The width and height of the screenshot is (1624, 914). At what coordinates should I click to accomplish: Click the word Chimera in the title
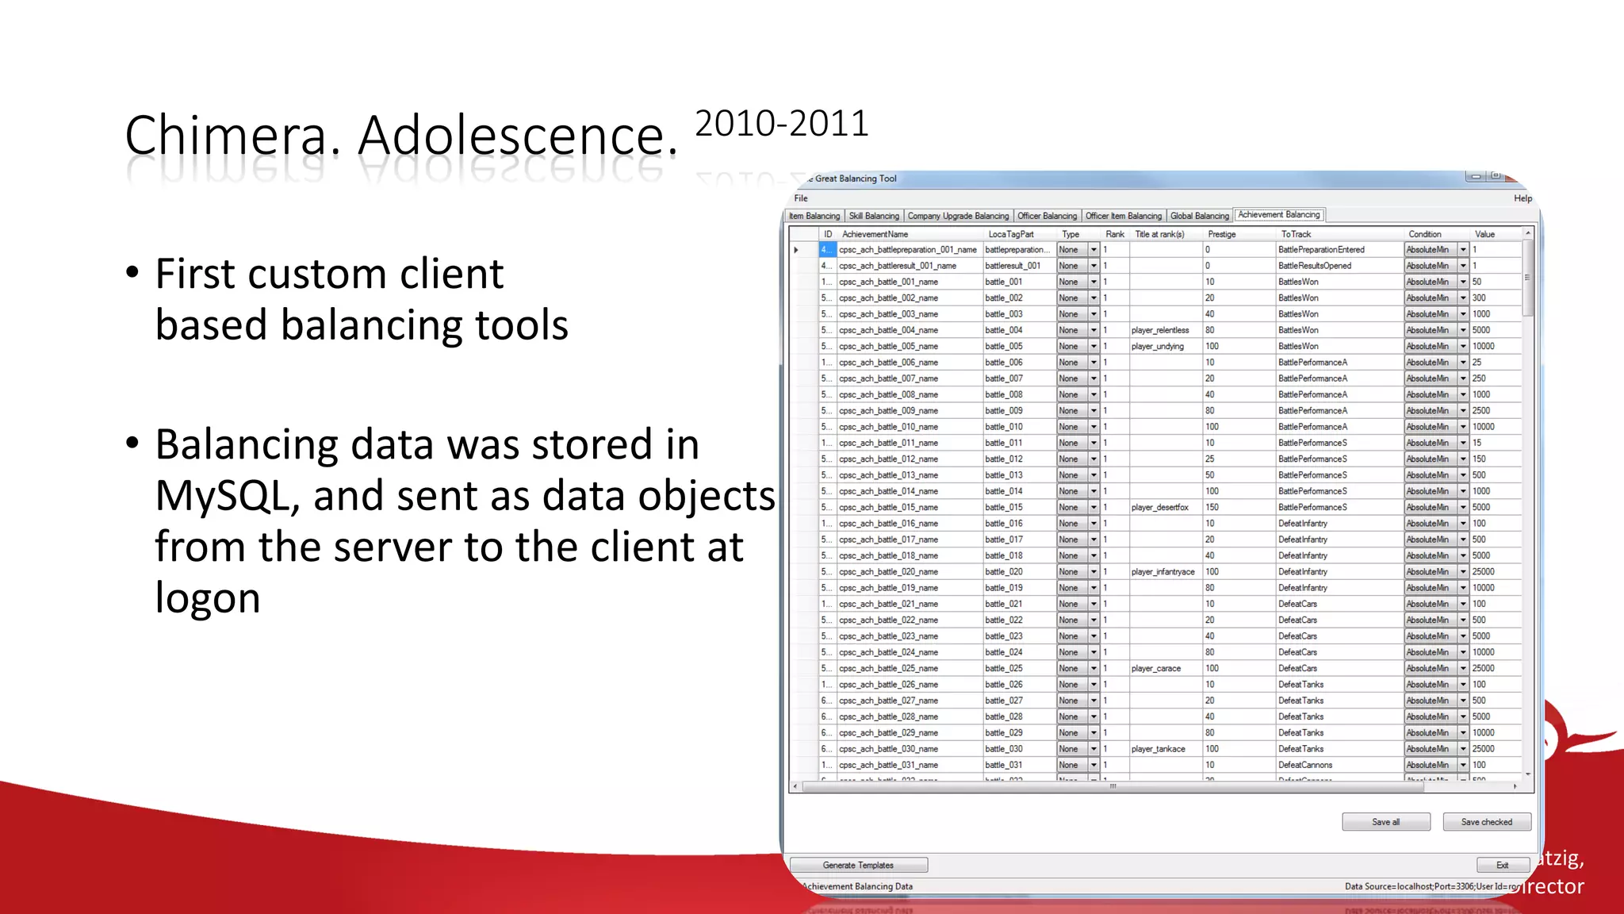[226, 136]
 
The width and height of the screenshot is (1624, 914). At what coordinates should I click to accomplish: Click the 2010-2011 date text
[781, 124]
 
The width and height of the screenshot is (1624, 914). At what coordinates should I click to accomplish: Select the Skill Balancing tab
[874, 216]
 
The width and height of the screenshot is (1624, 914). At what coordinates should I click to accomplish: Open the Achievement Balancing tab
[1278, 215]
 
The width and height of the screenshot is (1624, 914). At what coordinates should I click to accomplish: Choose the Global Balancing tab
[1199, 216]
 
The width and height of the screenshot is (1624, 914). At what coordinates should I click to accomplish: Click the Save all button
[1385, 822]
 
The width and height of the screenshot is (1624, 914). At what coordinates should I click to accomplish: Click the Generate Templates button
[858, 865]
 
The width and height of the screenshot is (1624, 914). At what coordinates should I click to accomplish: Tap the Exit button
[1502, 865]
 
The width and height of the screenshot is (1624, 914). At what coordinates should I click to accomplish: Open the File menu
[801, 198]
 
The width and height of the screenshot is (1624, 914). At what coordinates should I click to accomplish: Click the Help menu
[1522, 198]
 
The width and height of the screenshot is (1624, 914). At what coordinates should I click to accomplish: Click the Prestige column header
[1221, 234]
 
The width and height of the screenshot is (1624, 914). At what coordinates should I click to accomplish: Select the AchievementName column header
[875, 234]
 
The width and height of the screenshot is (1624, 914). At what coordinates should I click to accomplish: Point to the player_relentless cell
[1160, 330]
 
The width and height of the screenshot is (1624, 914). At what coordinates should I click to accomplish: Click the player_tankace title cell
[1159, 749]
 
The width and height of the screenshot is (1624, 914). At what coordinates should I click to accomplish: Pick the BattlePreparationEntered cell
[1321, 250]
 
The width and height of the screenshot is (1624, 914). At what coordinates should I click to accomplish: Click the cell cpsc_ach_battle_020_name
[888, 572]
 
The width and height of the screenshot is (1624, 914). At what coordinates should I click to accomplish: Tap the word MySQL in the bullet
[227, 497]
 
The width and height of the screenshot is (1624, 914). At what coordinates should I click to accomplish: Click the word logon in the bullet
[208, 598]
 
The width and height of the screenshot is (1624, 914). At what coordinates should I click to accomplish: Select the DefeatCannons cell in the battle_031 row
[1305, 765]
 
